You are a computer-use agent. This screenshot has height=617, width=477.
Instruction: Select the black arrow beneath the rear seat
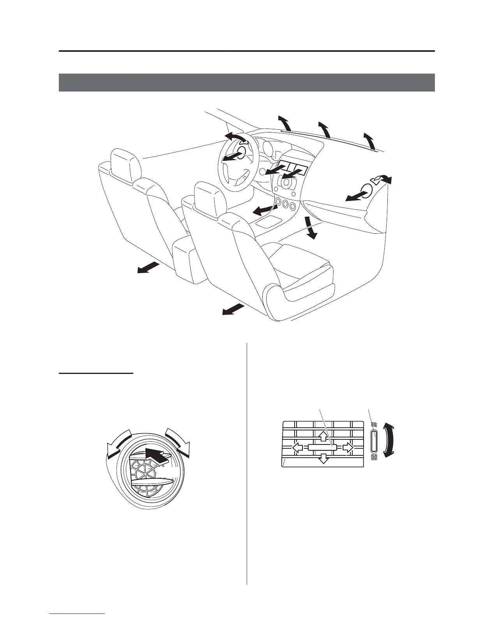pos(148,268)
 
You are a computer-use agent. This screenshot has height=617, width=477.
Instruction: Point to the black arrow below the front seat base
pos(233,309)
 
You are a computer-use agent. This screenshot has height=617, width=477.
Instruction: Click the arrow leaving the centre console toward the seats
pos(263,211)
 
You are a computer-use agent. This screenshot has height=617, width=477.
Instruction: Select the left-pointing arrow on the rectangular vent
pos(297,448)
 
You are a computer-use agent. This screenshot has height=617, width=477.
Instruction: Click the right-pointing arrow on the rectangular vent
pos(348,448)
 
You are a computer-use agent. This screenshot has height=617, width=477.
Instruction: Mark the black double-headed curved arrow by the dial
pos(390,440)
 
